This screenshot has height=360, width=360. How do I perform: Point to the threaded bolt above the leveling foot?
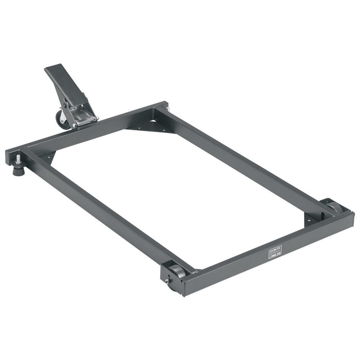pos(18,159)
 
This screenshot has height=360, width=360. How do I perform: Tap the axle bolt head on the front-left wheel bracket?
pos(166,281)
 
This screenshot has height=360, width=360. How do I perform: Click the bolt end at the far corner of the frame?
pos(168,108)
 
